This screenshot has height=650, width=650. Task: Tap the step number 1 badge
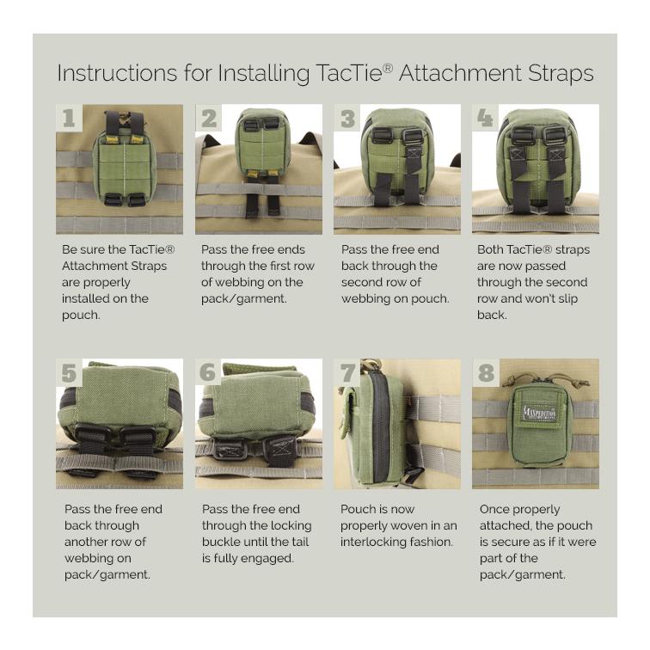[69, 118]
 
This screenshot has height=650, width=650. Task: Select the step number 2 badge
[208, 118]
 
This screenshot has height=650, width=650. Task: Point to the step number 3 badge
[347, 118]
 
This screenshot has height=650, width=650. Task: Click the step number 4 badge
[486, 118]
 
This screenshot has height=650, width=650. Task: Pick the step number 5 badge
[69, 372]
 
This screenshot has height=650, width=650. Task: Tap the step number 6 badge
[208, 372]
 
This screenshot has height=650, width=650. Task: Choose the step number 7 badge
[347, 372]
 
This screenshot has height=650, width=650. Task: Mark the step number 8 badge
[487, 372]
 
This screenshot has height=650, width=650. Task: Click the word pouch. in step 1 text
[82, 315]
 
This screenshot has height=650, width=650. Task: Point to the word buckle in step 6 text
[222, 542]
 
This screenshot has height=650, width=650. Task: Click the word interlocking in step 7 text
[378, 542]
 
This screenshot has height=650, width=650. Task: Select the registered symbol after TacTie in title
[388, 66]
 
